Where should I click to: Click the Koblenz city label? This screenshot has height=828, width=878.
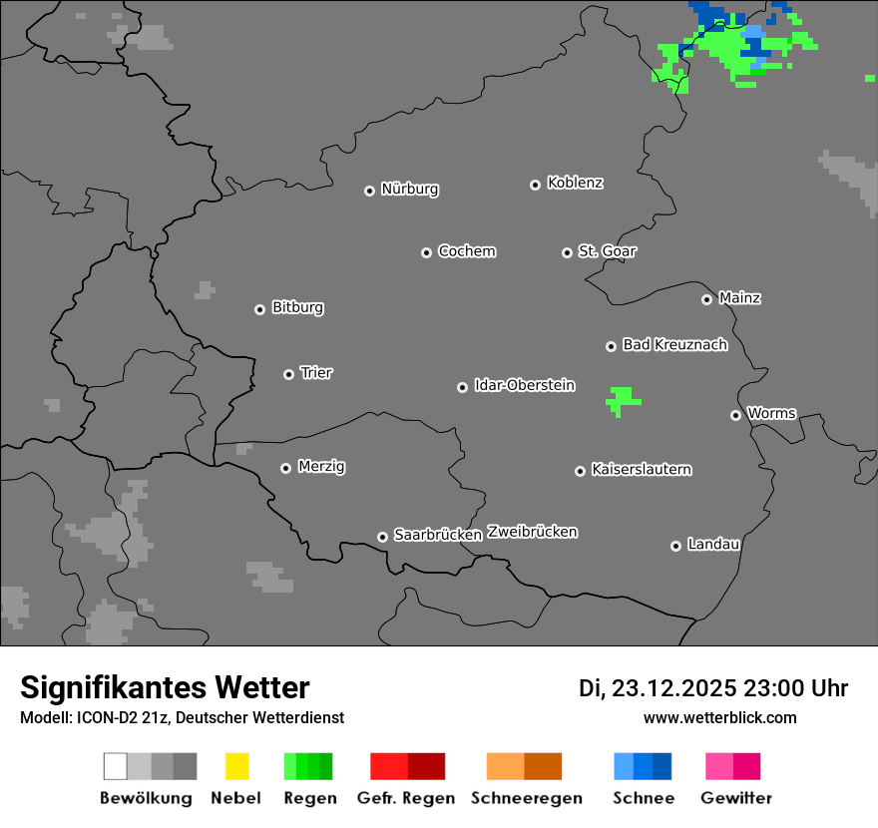click(x=575, y=183)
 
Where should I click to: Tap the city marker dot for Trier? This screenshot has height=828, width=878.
click(x=289, y=374)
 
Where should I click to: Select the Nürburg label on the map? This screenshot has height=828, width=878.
click(x=409, y=189)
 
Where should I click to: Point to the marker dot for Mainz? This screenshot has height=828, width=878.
click(x=707, y=299)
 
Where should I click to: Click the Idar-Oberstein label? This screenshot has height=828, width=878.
click(x=525, y=385)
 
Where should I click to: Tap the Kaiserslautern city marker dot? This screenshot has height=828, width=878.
click(x=580, y=471)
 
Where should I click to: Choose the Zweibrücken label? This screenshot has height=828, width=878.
click(x=532, y=532)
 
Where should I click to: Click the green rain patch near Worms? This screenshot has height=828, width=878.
click(x=623, y=400)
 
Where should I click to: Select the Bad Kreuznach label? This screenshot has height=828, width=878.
click(x=674, y=344)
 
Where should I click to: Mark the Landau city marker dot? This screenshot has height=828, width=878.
click(x=675, y=546)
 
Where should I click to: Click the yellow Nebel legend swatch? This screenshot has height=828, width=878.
click(x=236, y=766)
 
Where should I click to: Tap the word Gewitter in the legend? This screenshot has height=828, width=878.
click(x=736, y=798)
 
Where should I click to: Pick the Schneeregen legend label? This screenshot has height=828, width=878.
click(x=527, y=798)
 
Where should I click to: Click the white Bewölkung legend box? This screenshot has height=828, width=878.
click(x=115, y=766)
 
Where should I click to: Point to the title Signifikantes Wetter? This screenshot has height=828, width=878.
click(x=165, y=687)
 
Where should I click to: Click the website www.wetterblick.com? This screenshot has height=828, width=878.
click(x=719, y=717)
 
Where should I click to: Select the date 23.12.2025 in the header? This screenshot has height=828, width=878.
click(x=673, y=688)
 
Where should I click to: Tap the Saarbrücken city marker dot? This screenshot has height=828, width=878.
click(x=382, y=537)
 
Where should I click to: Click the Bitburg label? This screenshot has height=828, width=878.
click(x=297, y=307)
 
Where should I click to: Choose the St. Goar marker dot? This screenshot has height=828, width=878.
click(x=567, y=252)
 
